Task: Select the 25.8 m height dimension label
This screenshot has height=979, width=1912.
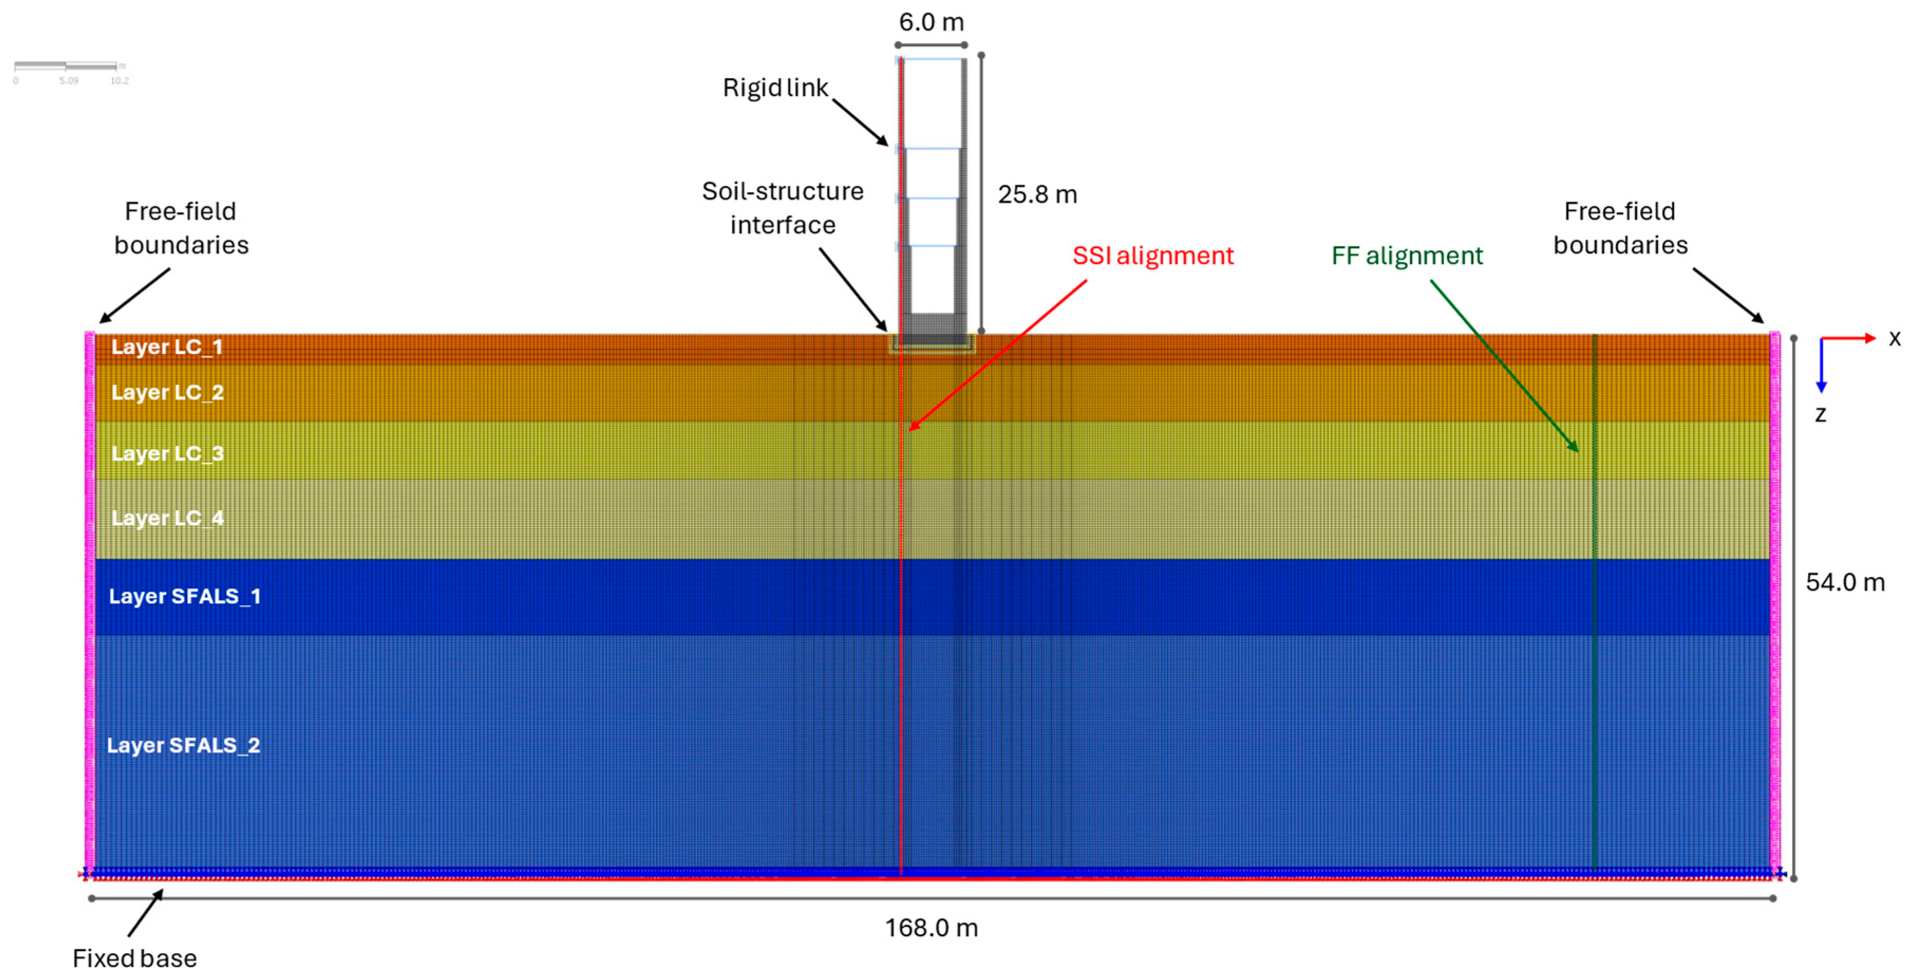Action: [x=1037, y=194]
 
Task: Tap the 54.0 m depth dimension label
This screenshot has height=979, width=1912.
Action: [x=1844, y=583]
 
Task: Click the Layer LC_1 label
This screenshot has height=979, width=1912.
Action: [x=166, y=347]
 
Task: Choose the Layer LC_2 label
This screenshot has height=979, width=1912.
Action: [x=167, y=393]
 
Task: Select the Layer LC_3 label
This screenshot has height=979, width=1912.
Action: [x=167, y=453]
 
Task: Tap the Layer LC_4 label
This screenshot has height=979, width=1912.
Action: [x=167, y=518]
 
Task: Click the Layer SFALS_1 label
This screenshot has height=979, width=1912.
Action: [x=184, y=597]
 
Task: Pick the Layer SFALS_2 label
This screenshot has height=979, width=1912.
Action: [x=183, y=745]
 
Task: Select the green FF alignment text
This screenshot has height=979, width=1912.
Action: [x=1406, y=255]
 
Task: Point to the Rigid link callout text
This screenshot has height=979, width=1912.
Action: [x=775, y=88]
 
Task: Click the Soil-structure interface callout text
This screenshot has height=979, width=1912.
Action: [x=782, y=208]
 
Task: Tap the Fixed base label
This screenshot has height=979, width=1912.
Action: [x=134, y=958]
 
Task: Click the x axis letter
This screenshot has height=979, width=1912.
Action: [x=1894, y=339]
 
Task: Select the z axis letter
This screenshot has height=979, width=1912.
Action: [x=1820, y=414]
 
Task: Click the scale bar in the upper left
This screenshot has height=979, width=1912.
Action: [x=67, y=67]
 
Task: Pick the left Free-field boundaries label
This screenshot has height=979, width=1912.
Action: [x=181, y=228]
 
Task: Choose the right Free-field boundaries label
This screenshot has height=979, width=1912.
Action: [x=1620, y=228]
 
